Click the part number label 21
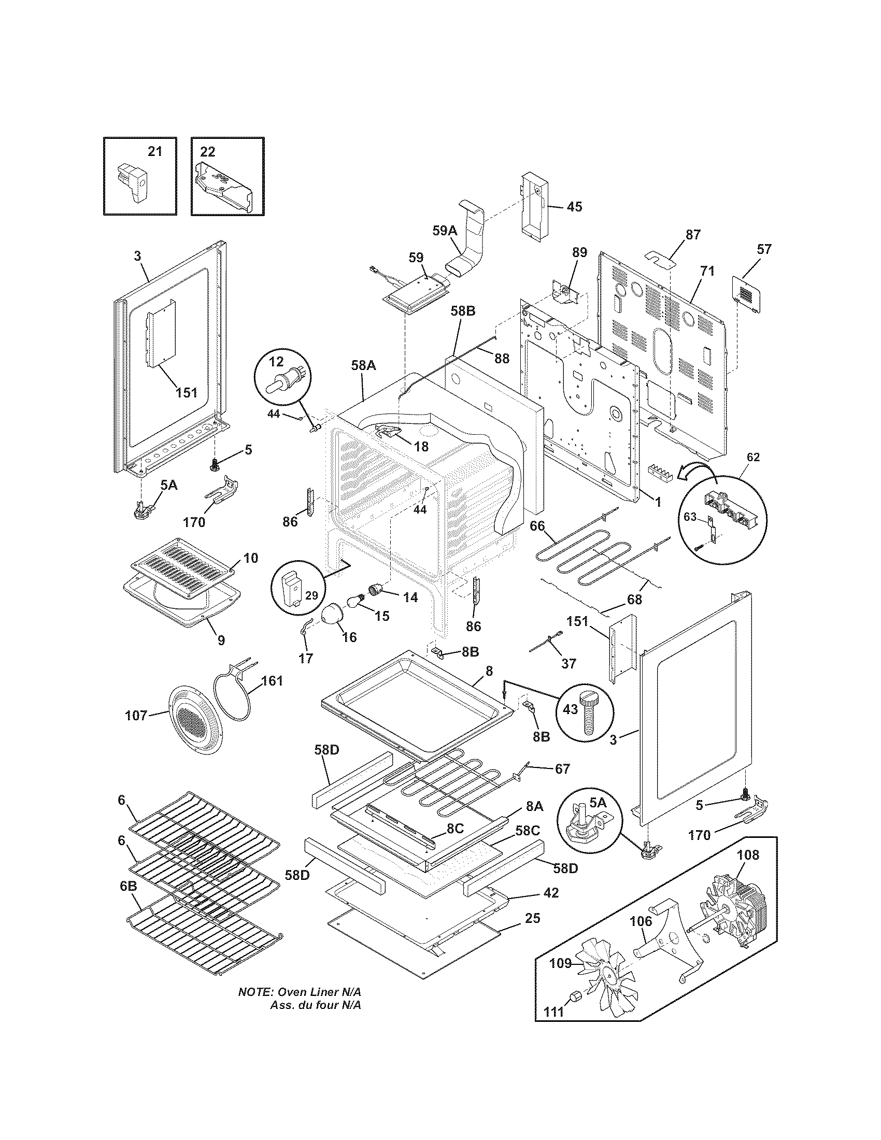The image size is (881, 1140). [155, 151]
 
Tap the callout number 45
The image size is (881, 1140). [574, 206]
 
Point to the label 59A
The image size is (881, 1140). [445, 231]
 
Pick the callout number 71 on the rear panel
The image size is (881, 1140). [708, 271]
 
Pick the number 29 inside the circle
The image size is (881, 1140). [311, 595]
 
